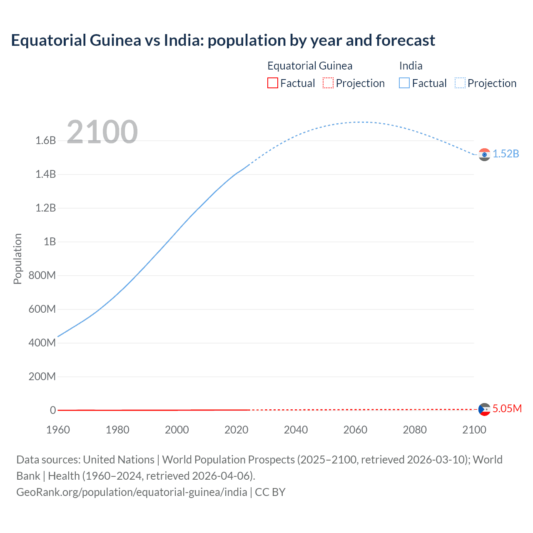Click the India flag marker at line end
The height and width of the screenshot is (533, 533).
[x=484, y=154]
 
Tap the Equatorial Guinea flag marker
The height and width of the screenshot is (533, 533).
[x=484, y=409]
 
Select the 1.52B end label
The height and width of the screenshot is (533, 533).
[x=506, y=154]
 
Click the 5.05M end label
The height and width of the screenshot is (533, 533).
[x=507, y=409]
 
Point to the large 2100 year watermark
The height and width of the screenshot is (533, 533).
[x=102, y=132]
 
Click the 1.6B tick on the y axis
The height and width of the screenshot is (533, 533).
[x=45, y=141]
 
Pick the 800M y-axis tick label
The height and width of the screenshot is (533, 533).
[x=42, y=276]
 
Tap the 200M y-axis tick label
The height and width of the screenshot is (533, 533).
[x=42, y=377]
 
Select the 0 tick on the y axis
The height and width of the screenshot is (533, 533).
[x=53, y=411]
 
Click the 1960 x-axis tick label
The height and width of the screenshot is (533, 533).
[x=58, y=430]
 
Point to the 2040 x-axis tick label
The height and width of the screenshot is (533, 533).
[x=296, y=430]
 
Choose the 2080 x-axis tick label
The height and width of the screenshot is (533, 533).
[x=415, y=430]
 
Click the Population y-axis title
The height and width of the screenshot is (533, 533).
[x=17, y=259]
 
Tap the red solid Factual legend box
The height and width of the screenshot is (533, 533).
[x=272, y=83]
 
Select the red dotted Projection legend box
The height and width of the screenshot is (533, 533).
[x=328, y=83]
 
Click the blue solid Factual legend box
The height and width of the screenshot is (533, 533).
[x=404, y=83]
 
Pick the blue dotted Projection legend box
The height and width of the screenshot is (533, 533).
[x=460, y=83]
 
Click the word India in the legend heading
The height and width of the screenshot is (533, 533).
[x=411, y=66]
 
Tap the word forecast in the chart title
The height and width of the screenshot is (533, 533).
[x=405, y=40]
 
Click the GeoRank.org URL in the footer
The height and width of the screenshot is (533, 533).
[x=132, y=492]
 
